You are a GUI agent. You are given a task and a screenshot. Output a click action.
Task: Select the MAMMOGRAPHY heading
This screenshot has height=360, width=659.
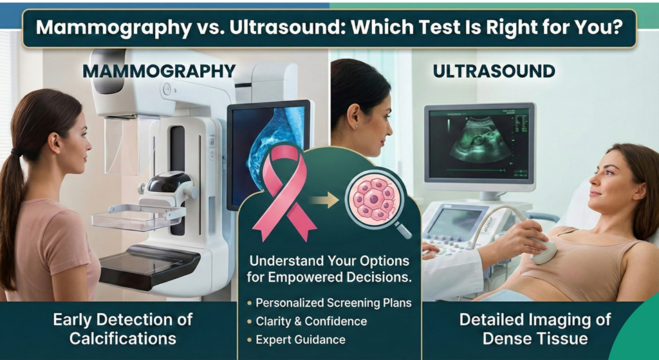click(159, 71)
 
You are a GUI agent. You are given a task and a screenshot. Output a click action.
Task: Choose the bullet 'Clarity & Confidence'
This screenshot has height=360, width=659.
click(311, 321)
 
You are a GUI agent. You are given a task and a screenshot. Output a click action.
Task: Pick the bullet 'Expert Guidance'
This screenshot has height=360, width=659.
click(301, 339)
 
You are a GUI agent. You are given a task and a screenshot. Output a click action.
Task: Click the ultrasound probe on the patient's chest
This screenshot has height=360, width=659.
click(544, 251)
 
